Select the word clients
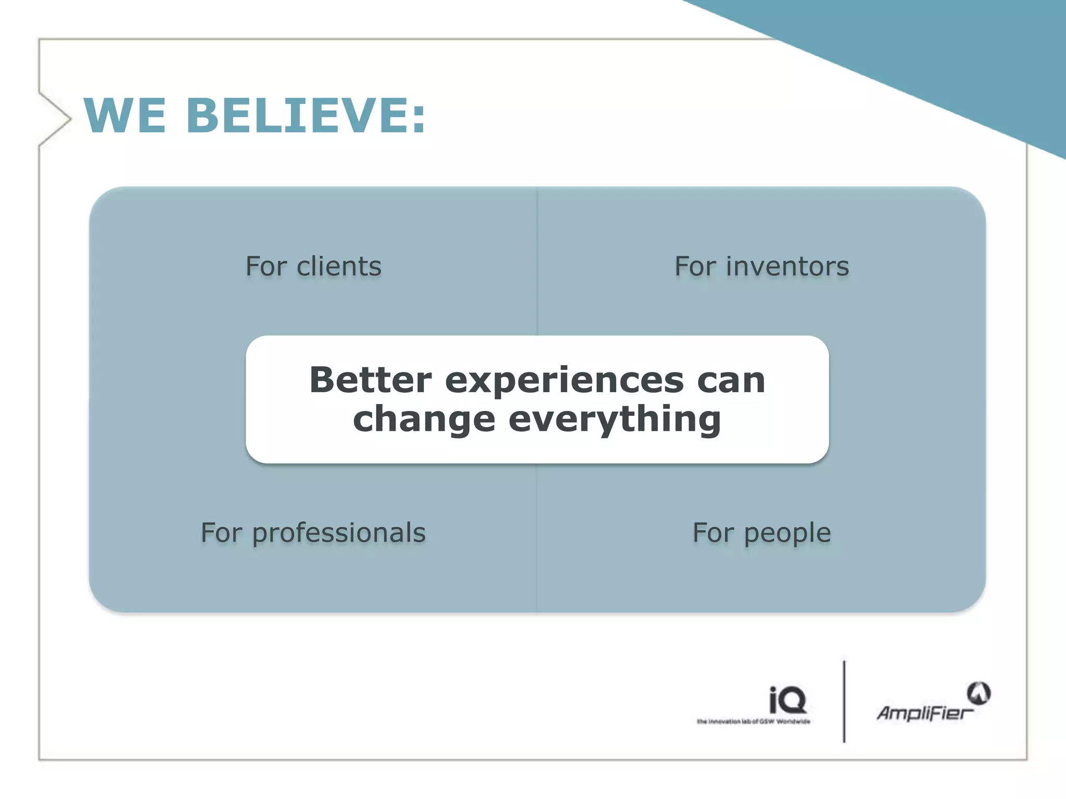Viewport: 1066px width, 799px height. tap(339, 266)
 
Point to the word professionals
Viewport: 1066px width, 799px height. tap(339, 533)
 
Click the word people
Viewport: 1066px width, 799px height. tap(787, 534)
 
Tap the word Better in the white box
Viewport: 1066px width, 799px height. tap(371, 380)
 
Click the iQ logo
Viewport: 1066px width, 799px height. tap(787, 700)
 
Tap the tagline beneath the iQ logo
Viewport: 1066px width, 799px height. tap(753, 721)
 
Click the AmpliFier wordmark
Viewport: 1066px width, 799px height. tap(924, 713)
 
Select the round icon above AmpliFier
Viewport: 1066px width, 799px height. tap(979, 693)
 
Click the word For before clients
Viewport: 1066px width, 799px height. tap(265, 266)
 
